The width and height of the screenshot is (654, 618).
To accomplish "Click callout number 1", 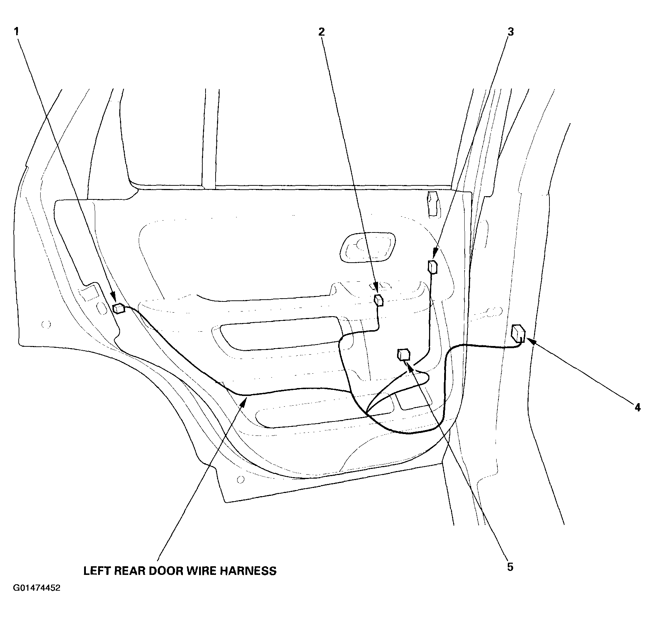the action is coord(16,32).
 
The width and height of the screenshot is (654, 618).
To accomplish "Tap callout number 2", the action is coord(321,32).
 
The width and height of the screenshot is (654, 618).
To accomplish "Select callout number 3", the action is coord(511,32).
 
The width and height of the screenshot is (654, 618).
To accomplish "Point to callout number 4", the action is coord(637,407).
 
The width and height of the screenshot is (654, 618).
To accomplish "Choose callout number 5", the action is coord(510,567).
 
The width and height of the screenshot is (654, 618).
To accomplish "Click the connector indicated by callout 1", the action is coord(119,308).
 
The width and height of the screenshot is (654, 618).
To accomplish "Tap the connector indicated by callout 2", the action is coord(379,300).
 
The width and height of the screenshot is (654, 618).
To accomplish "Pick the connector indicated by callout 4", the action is coord(518,333).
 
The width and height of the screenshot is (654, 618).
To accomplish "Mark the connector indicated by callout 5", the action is coord(404,354).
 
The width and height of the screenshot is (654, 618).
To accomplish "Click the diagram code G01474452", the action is coord(37,598).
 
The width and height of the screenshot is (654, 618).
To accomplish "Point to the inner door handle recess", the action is coord(367,248).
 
